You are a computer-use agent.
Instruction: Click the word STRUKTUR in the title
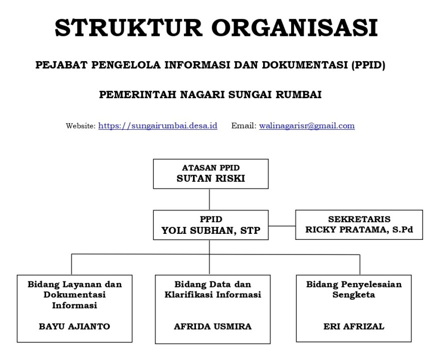[128, 28]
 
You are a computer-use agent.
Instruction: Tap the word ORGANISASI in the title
[295, 28]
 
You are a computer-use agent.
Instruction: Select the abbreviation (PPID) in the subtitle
[368, 65]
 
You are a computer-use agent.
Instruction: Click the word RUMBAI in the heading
[298, 95]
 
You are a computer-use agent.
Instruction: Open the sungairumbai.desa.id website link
[158, 126]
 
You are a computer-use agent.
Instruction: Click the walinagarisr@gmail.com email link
[307, 126]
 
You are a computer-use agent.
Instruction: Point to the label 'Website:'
[81, 126]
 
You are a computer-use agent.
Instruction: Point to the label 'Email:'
[244, 126]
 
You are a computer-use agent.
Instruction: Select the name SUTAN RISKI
[210, 178]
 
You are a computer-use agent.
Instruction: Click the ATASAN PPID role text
[210, 168]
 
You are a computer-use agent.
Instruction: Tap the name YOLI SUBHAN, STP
[210, 230]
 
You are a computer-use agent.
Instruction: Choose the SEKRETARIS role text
[359, 219]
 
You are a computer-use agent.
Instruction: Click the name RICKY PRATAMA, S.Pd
[359, 230]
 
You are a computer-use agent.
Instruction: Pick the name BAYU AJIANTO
[75, 326]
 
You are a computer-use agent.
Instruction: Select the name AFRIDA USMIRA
[212, 326]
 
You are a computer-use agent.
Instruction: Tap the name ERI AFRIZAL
[354, 326]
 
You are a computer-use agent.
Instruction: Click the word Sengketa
[354, 295]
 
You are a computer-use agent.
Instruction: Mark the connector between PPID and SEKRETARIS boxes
[282, 226]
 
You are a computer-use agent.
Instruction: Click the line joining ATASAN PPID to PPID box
[209, 199]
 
